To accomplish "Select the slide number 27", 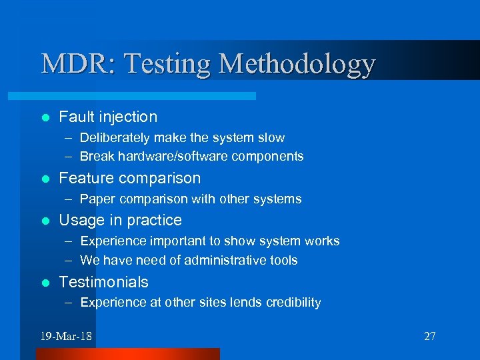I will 430,336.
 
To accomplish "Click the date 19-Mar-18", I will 65,336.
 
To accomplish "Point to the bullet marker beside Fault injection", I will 45,117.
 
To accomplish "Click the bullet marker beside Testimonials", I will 45,283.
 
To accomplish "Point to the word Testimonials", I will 103,282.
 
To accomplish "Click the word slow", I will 271,138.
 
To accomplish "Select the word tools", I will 283,260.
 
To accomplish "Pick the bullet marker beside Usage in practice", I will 45,221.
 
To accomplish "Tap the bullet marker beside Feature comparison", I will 45,179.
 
